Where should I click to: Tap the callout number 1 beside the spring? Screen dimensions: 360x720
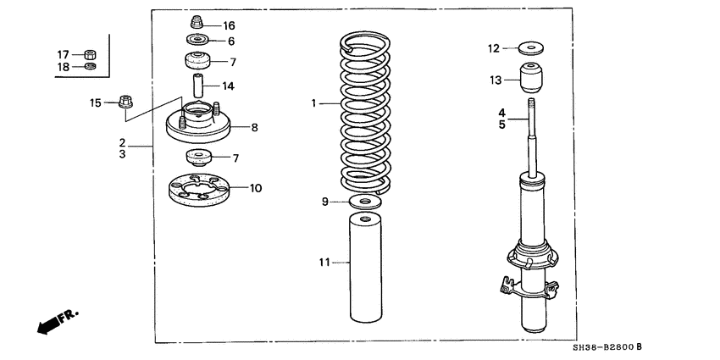click(313, 103)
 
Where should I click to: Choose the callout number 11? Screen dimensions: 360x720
click(322, 263)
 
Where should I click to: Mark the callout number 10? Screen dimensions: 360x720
click(256, 187)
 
